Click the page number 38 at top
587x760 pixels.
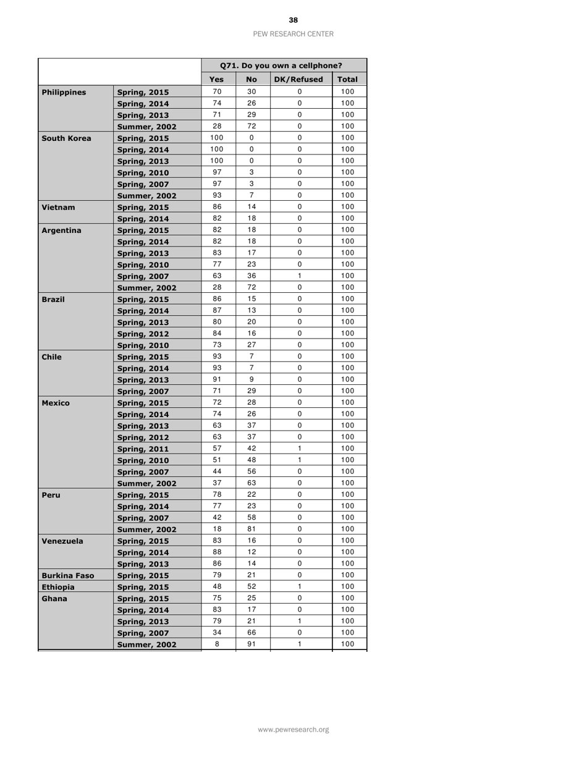pos(293,20)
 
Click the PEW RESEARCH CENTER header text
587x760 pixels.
pos(293,34)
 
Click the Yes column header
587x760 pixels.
pos(216,80)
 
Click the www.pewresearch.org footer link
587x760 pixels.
pos(293,730)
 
